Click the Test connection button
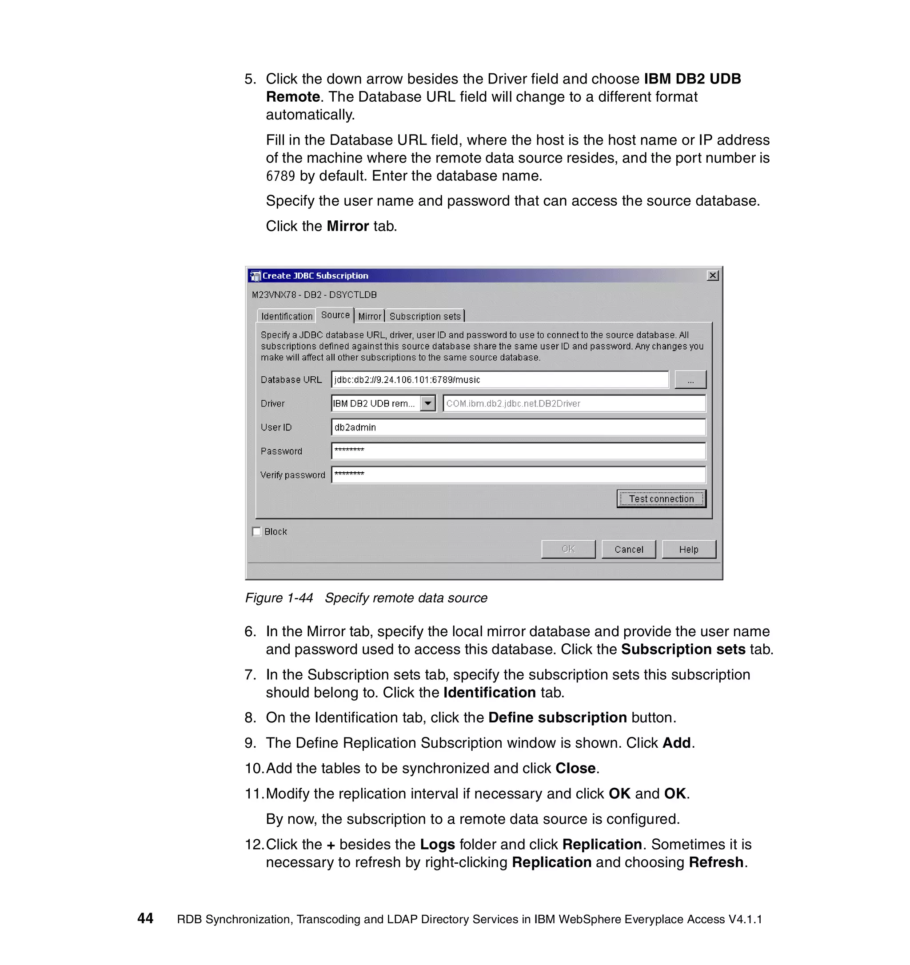(x=661, y=498)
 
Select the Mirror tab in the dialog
(x=369, y=316)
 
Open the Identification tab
(x=286, y=316)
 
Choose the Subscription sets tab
(x=425, y=316)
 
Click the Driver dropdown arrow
(x=427, y=403)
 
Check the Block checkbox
(x=257, y=531)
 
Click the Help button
(x=688, y=549)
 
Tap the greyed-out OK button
(x=568, y=549)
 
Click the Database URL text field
(x=499, y=379)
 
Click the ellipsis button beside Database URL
(x=690, y=379)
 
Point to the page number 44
(x=145, y=918)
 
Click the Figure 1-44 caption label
(x=279, y=598)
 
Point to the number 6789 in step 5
(x=280, y=176)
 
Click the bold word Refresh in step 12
(x=716, y=862)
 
